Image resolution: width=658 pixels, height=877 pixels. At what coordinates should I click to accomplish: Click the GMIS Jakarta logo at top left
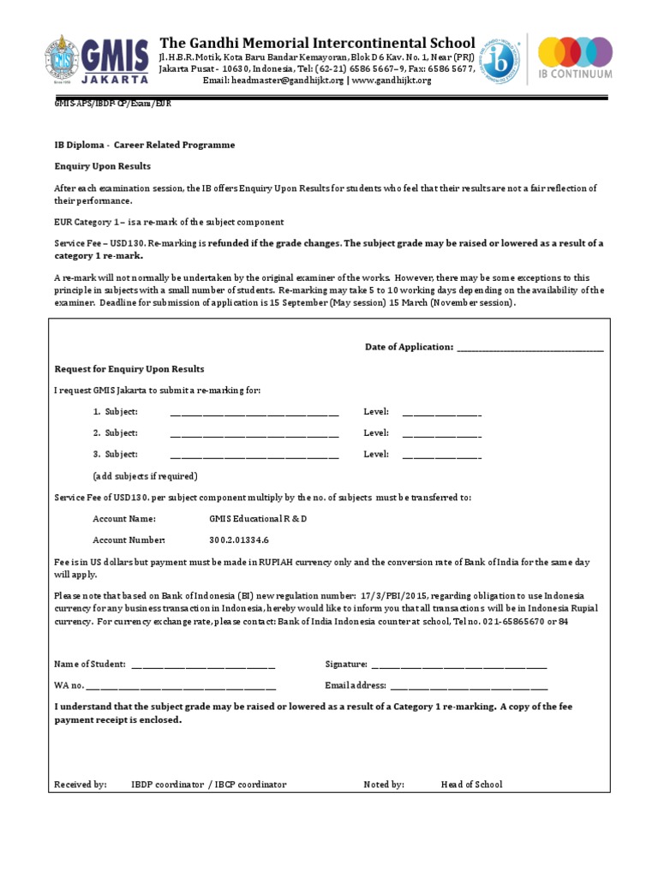[x=97, y=59]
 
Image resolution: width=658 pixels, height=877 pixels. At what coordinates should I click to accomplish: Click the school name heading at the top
[x=317, y=43]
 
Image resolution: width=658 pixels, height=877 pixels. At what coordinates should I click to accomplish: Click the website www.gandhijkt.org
[x=391, y=81]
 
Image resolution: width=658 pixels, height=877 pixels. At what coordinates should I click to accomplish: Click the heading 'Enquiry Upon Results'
[x=102, y=166]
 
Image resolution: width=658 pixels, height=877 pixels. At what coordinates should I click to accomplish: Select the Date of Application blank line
[x=530, y=348]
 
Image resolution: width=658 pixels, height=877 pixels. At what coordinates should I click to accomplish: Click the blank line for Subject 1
[x=254, y=413]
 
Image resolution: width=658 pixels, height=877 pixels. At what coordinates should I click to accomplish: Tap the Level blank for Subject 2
[x=441, y=434]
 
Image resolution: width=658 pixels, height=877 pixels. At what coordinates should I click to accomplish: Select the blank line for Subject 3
[x=254, y=456]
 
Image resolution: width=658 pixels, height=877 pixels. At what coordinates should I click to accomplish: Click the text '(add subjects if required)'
[x=145, y=476]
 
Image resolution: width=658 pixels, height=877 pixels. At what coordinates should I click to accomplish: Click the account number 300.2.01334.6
[x=239, y=540]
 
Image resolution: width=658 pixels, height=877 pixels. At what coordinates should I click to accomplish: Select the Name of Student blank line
[x=203, y=665]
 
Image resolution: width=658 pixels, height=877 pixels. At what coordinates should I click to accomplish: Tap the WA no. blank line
[x=182, y=686]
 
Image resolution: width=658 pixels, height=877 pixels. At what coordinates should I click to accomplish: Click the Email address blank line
[x=469, y=686]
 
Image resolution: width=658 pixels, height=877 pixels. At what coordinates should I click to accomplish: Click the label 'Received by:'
[x=81, y=785]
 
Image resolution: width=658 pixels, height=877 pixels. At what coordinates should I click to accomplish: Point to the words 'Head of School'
[x=471, y=785]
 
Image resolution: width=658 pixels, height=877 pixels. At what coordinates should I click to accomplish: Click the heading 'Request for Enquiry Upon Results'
[x=129, y=369]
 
